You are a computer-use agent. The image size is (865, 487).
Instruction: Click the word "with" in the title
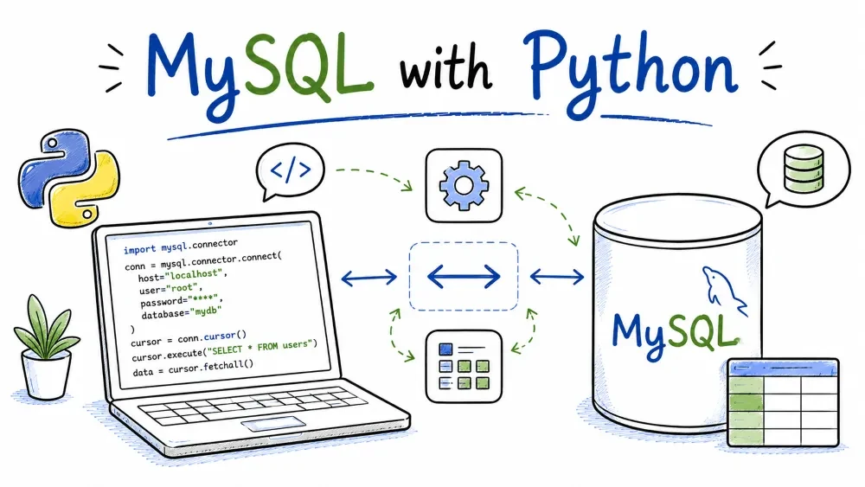(x=445, y=70)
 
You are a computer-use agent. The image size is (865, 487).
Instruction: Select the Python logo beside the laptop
(x=69, y=177)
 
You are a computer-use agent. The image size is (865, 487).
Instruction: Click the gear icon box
(x=464, y=185)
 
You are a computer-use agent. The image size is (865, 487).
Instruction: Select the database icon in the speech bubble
(x=804, y=169)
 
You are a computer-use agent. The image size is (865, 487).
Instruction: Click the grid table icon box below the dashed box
(x=464, y=366)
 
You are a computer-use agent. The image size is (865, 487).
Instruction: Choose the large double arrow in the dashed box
(x=464, y=276)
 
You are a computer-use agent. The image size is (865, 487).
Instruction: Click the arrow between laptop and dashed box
(x=369, y=277)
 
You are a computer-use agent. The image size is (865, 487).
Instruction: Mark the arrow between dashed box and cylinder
(x=556, y=276)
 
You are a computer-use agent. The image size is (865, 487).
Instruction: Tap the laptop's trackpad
(x=273, y=424)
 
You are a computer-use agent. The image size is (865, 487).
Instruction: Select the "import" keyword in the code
(x=139, y=249)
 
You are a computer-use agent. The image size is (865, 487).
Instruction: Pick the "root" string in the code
(x=182, y=288)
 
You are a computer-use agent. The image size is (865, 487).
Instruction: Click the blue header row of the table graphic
(x=783, y=368)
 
